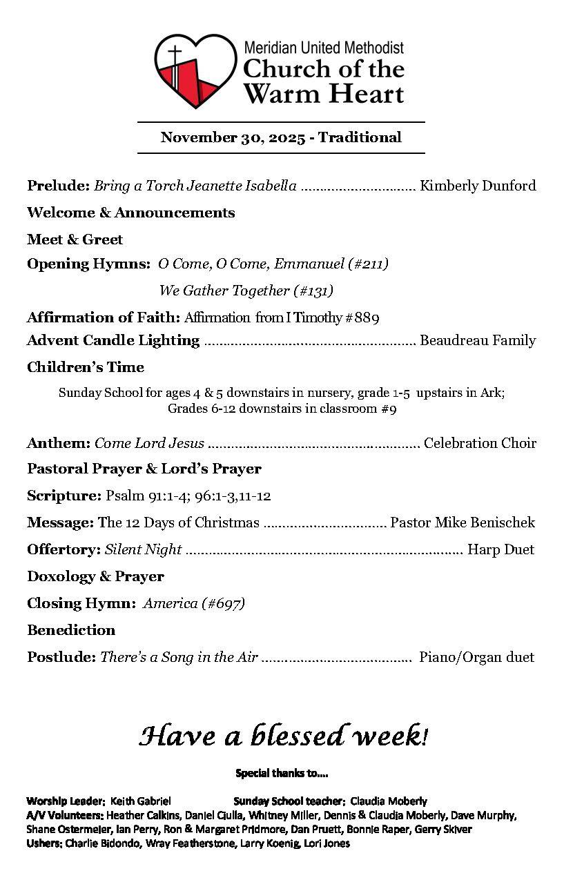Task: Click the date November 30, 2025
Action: pos(233,137)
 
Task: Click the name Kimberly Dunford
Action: pos(478,186)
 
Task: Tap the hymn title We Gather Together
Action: pos(224,291)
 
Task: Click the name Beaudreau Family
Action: pos(478,340)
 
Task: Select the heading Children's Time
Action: pos(86,367)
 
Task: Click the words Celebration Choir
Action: pos(480,443)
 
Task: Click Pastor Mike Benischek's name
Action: pos(463,522)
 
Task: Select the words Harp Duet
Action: pos(500,549)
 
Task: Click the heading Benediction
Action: pos(71,630)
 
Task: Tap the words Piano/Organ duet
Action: pos(476,657)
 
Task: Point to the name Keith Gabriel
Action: pos(141,801)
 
